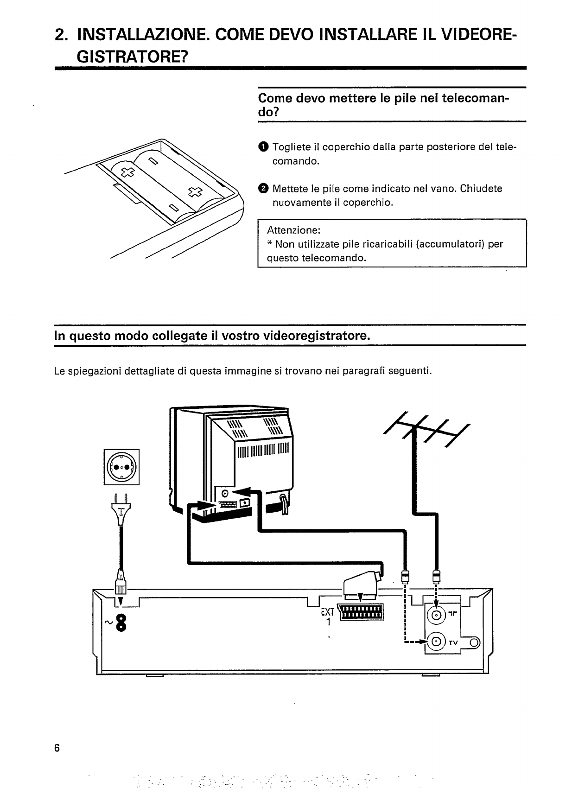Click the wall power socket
(x=122, y=467)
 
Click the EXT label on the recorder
(x=327, y=611)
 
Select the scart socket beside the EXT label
(x=362, y=612)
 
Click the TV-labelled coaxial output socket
(x=437, y=642)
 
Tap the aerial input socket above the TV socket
(x=437, y=616)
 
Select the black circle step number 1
(x=263, y=147)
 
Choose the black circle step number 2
(x=263, y=188)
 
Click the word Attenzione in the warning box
(x=293, y=230)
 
